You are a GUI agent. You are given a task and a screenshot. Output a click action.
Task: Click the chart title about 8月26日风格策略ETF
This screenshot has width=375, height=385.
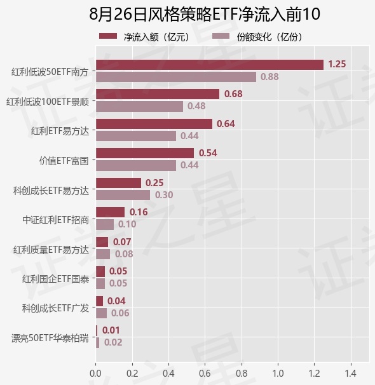coord(204,14)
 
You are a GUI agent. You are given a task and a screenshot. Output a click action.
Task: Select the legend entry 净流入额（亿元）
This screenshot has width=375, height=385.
coord(146,37)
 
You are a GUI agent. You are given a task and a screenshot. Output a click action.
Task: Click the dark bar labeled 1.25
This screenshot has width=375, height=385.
coord(210,65)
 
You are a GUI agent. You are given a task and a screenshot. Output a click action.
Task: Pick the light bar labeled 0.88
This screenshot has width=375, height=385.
coord(176,77)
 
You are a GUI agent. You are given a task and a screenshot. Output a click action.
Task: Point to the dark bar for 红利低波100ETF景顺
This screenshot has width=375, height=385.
coord(158,94)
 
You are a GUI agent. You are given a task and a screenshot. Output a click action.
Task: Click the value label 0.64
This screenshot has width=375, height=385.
coord(226,124)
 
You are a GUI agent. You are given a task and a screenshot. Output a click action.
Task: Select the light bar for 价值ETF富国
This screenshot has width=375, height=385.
coord(136,165)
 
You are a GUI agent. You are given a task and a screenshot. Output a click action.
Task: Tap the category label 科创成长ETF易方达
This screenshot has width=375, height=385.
coord(51,191)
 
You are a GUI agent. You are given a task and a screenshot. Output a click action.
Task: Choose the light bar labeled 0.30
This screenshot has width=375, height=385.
coord(123,195)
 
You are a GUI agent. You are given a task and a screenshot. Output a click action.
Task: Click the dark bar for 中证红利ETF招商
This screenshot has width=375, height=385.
coord(110,212)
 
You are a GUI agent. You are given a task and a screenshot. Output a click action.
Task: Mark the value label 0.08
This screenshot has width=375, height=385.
coord(124,254)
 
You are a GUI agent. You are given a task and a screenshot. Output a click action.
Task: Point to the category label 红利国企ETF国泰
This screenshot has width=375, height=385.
coord(56,279)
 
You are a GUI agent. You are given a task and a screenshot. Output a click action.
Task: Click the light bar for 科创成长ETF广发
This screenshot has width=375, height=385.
coord(102,313)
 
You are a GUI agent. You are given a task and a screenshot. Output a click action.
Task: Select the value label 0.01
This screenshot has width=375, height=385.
coord(111,330)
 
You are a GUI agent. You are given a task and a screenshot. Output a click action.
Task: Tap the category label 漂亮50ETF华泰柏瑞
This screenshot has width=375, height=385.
coord(50,339)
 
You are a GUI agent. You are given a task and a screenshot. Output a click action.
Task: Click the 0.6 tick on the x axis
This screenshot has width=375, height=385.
coord(205,374)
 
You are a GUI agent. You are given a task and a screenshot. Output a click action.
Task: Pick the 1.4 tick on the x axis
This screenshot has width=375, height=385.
coord(351,374)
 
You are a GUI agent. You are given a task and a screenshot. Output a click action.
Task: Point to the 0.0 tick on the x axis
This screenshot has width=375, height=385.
coord(95,374)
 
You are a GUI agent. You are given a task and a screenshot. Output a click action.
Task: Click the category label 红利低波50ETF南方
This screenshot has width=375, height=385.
coord(50,72)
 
